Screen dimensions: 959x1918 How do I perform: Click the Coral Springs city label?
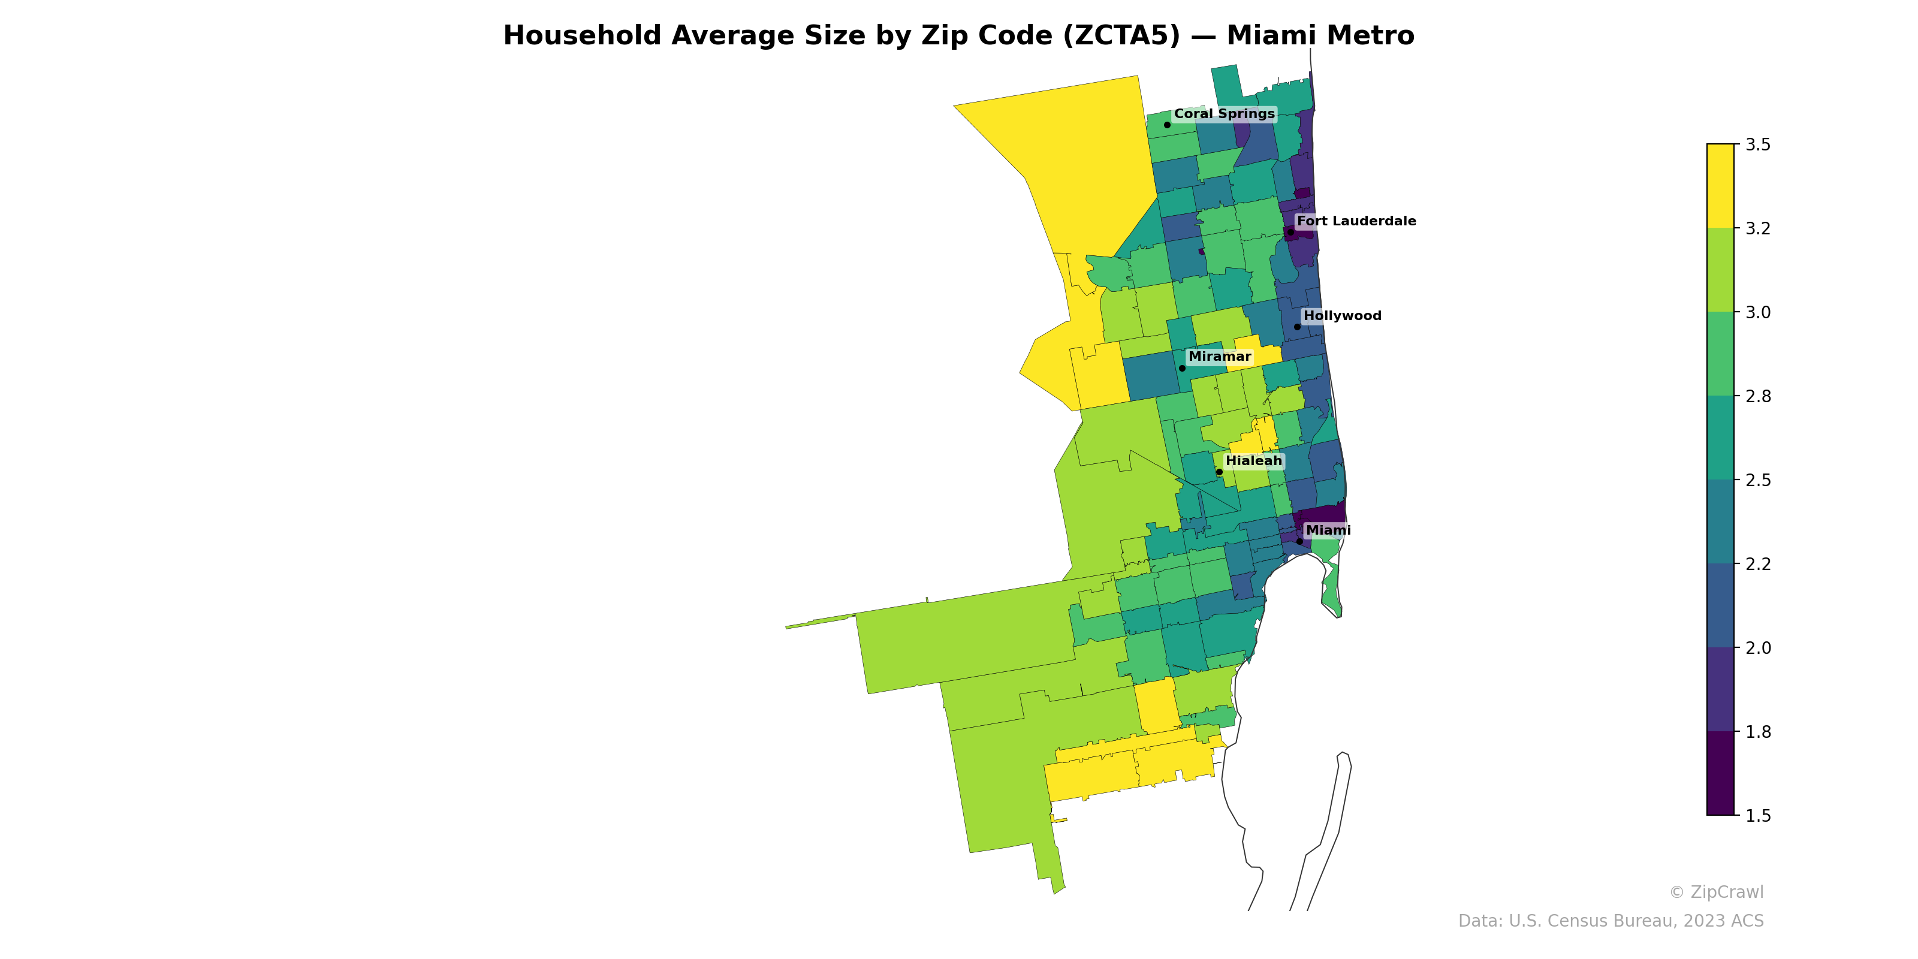pyautogui.click(x=1224, y=114)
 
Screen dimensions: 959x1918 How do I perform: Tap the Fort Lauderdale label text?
pyautogui.click(x=1356, y=221)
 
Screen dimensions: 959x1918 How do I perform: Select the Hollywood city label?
pyautogui.click(x=1342, y=316)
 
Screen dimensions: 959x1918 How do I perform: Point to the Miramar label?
pyautogui.click(x=1220, y=357)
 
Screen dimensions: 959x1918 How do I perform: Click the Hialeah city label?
pyautogui.click(x=1254, y=461)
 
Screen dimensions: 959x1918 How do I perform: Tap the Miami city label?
pyautogui.click(x=1328, y=530)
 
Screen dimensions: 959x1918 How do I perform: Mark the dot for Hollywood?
pyautogui.click(x=1297, y=327)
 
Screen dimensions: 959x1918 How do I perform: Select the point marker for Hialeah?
pyautogui.click(x=1219, y=472)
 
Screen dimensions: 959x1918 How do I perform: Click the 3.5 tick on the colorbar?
pyautogui.click(x=1757, y=144)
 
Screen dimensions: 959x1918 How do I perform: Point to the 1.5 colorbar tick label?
pyautogui.click(x=1757, y=816)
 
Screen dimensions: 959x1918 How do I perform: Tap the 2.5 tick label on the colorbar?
pyautogui.click(x=1757, y=480)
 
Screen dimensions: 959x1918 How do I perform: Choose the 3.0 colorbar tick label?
pyautogui.click(x=1757, y=313)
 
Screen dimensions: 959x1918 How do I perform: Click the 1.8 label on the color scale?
pyautogui.click(x=1757, y=732)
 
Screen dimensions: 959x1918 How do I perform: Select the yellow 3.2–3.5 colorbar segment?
pyautogui.click(x=1720, y=186)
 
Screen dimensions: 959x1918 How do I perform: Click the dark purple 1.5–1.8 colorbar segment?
pyautogui.click(x=1720, y=774)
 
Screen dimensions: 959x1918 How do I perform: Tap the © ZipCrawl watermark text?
pyautogui.click(x=1715, y=892)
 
